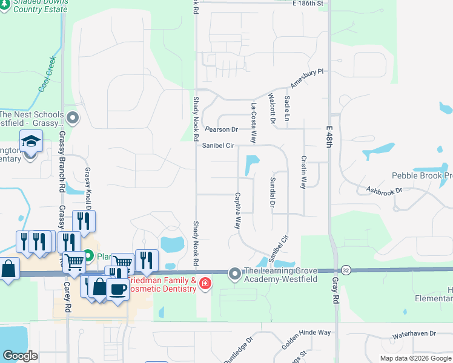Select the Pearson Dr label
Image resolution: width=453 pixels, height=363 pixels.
pyautogui.click(x=221, y=129)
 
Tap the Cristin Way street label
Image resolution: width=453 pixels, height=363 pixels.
pyautogui.click(x=303, y=172)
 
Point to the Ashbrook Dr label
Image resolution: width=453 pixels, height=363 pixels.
pyautogui.click(x=384, y=191)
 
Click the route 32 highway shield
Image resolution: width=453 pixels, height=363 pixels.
pyautogui.click(x=346, y=270)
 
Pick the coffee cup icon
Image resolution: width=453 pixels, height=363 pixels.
pyautogui.click(x=117, y=289)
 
